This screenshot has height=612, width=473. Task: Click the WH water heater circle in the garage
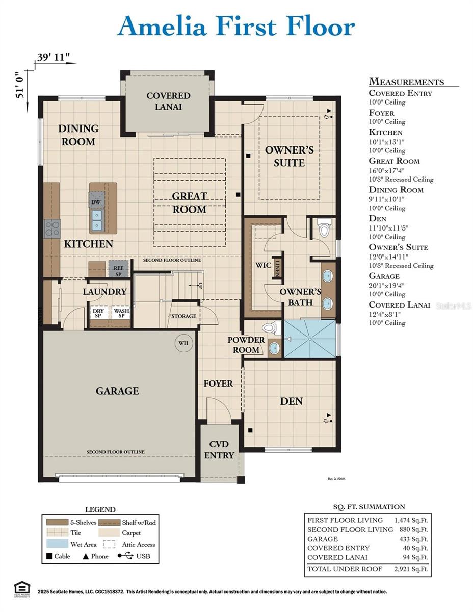183,343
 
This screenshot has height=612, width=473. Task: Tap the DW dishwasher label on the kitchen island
95,202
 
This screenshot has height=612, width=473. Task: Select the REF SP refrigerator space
118,269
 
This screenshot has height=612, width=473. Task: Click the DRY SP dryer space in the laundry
98,313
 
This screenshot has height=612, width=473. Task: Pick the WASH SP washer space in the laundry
121,313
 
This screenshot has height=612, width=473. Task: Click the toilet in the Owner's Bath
324,228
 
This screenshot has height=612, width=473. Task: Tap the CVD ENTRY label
219,450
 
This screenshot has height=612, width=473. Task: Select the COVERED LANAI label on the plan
168,101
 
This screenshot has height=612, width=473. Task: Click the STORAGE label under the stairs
183,316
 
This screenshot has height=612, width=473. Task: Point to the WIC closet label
262,265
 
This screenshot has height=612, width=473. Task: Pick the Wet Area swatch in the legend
56,545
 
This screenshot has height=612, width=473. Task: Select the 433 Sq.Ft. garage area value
414,539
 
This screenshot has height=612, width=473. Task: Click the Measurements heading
406,82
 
